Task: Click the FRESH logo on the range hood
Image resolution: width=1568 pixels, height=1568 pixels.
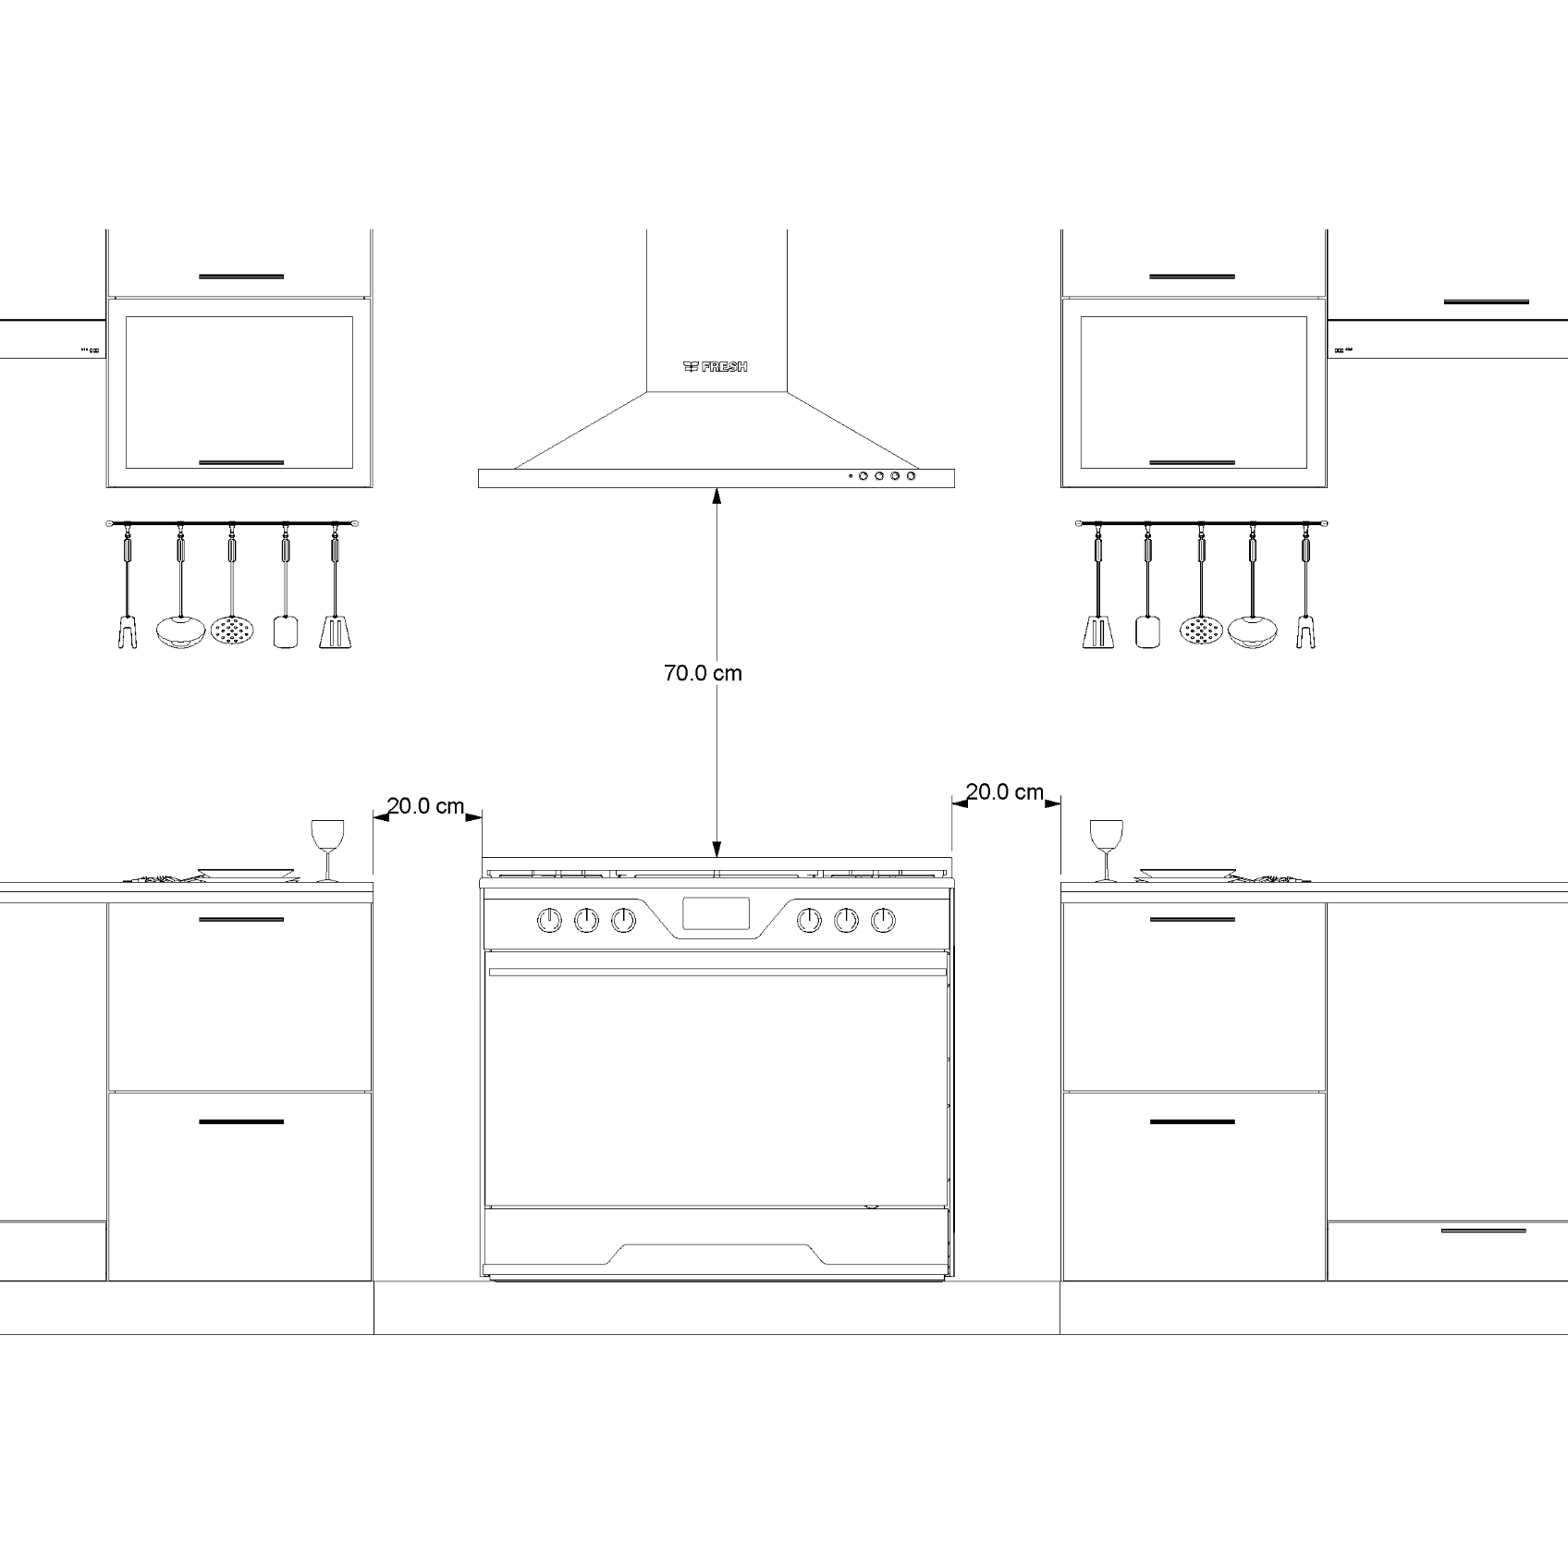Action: pyautogui.click(x=715, y=367)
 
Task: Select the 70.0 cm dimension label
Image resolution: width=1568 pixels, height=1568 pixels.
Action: pyautogui.click(x=703, y=673)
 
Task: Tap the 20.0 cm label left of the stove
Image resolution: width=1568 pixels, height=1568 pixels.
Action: pyautogui.click(x=425, y=806)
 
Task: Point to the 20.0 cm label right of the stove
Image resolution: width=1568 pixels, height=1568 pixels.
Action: pyautogui.click(x=1005, y=792)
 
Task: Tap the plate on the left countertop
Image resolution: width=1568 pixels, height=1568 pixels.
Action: pyautogui.click(x=246, y=872)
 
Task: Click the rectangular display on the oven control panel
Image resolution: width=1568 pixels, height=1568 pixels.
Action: pyautogui.click(x=716, y=913)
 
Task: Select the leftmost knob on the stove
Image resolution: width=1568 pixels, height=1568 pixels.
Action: pyautogui.click(x=549, y=920)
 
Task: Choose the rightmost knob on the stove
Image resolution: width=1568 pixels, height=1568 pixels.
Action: pyautogui.click(x=884, y=920)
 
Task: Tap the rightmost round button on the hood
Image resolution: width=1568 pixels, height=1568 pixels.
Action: pyautogui.click(x=912, y=476)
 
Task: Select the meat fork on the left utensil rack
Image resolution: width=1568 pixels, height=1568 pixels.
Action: pyautogui.click(x=128, y=632)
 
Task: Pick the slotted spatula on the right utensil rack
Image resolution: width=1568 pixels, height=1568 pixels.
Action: pyautogui.click(x=1097, y=632)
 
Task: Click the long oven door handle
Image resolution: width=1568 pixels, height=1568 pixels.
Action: pyautogui.click(x=717, y=972)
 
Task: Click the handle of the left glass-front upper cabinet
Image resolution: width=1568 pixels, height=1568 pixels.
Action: pyautogui.click(x=241, y=462)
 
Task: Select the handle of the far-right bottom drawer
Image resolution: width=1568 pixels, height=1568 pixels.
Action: pyautogui.click(x=1483, y=1231)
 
